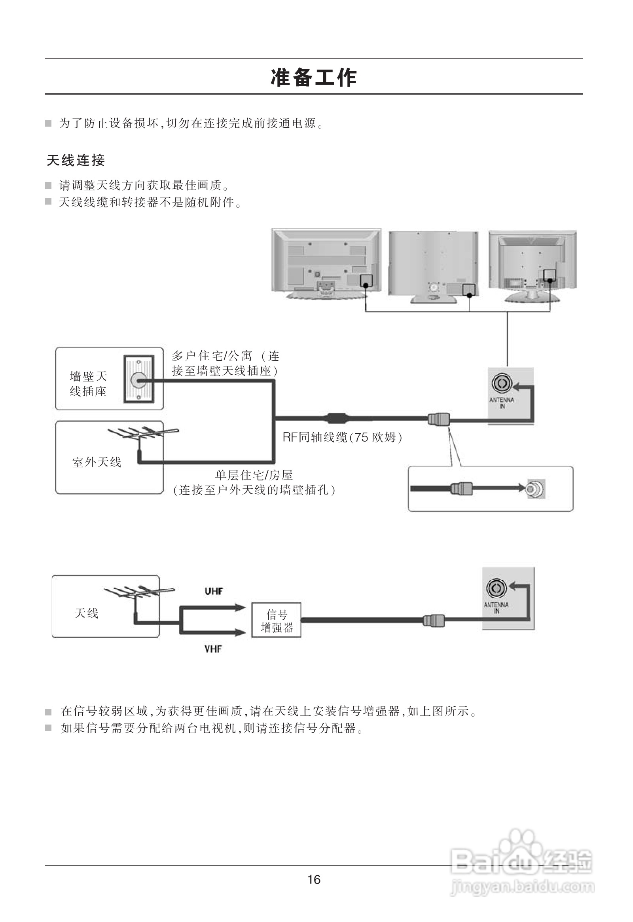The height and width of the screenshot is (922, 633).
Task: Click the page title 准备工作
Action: click(313, 77)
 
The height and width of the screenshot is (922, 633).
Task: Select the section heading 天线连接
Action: click(76, 160)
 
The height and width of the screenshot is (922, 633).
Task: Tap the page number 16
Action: click(314, 880)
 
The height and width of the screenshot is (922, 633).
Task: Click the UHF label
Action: click(214, 592)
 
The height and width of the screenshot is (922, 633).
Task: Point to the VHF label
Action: click(213, 649)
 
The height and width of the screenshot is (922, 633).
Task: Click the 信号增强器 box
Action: click(277, 621)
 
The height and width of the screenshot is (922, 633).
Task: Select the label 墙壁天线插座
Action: click(88, 383)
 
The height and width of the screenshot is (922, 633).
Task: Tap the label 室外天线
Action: click(97, 462)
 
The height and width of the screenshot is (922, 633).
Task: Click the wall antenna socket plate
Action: click(139, 379)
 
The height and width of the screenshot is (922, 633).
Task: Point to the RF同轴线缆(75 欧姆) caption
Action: click(342, 437)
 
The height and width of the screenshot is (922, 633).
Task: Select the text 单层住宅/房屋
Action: click(254, 475)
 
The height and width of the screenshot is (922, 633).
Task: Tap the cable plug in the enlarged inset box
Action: click(461, 488)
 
